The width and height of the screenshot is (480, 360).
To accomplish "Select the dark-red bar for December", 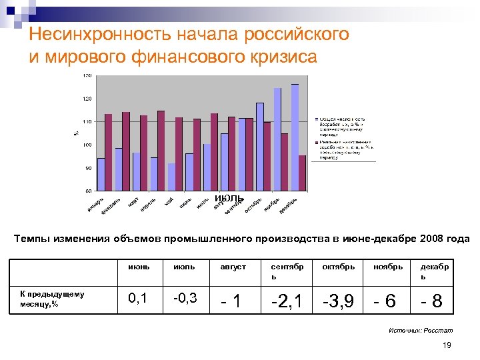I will coord(303,173).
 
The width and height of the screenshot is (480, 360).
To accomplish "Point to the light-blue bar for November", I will coord(277,140).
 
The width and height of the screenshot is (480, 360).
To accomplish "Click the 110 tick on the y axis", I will coord(88,122).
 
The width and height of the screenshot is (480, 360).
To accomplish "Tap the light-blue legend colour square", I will coord(317,119).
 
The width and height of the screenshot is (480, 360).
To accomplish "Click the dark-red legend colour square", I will coord(317,142).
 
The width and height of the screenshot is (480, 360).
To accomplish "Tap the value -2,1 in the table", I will coord(288,301).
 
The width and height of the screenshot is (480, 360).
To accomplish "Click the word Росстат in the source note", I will coord(439,330).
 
